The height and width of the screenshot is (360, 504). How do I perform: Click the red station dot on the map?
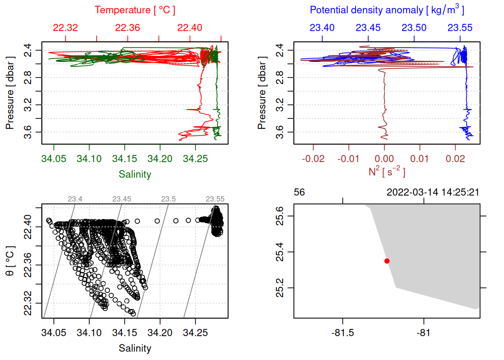[x=387, y=261]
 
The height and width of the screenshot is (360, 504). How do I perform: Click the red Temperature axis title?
[x=135, y=10]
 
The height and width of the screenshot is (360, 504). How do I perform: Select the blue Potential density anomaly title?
[x=387, y=10]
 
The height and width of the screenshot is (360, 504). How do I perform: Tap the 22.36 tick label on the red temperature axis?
[x=127, y=28]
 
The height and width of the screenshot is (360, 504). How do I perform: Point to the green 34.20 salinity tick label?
[x=160, y=159]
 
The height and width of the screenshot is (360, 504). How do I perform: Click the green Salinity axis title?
[x=135, y=174]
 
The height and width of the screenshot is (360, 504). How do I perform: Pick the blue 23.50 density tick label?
[x=414, y=28]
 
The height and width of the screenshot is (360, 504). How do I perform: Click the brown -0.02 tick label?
[x=313, y=159]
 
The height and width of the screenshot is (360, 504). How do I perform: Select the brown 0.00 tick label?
[x=384, y=159]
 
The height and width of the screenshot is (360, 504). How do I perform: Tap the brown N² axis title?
[x=387, y=172]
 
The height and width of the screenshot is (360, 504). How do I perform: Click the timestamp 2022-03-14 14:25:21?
[x=433, y=192]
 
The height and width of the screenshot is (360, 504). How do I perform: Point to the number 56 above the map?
[x=299, y=192]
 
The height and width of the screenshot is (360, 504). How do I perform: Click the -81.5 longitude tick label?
[x=342, y=333]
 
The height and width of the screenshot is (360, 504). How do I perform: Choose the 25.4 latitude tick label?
[x=280, y=252]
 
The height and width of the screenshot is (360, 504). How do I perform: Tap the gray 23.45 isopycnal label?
[x=121, y=199]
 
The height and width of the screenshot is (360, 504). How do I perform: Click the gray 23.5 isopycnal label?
[x=168, y=199]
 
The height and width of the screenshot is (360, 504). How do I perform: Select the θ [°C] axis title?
[x=10, y=261]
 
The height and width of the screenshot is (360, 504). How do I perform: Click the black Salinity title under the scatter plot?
[x=135, y=348]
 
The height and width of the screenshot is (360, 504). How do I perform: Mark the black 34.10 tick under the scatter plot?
[x=89, y=333]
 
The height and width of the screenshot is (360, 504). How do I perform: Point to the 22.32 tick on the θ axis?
[x=28, y=303]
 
